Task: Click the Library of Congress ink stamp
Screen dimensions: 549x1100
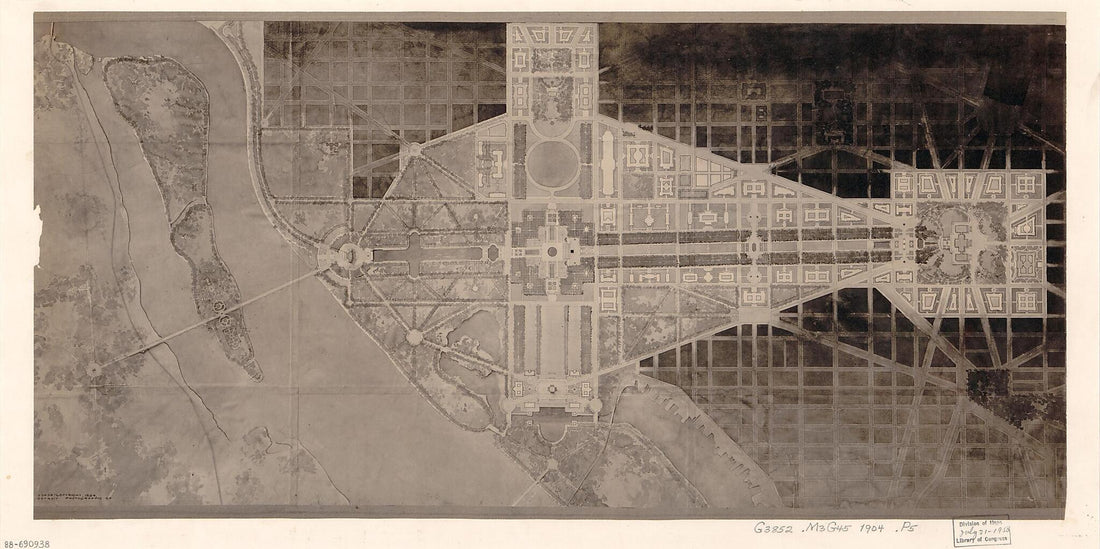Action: [981, 531]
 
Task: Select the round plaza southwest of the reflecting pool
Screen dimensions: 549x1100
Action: [414, 337]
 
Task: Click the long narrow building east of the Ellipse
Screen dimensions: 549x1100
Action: [607, 165]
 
